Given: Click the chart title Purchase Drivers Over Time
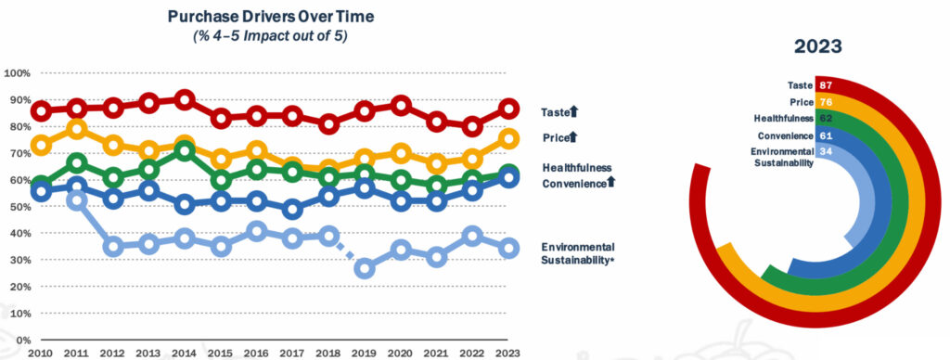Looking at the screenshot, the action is pos(270,17).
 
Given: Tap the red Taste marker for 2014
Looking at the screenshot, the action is pos(186,99).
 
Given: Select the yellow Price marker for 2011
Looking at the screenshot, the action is pos(77,128).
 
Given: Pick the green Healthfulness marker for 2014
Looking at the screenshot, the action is pos(186,150).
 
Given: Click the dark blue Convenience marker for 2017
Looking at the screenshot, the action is pos(292,210).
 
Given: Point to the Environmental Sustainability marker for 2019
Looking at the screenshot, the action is pos(365,268).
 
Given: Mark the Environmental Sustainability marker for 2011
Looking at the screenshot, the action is pos(77,200).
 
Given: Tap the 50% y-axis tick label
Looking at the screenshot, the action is pos(19,207).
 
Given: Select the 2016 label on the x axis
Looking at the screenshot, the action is pos(257,353).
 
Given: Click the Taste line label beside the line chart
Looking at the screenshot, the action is pos(555,112).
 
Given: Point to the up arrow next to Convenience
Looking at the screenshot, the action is pos(610,181).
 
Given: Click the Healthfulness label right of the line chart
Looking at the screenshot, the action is pos(577,167).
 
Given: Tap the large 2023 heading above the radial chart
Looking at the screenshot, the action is pos(818,46).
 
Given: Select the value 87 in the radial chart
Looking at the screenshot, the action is pos(825,85).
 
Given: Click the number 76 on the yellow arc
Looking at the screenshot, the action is pos(825,102).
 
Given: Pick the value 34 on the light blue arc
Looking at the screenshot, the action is pos(825,151).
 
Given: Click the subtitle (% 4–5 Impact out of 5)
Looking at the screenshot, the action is pos(270,36).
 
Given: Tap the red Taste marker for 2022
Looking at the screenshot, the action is pos(472,127).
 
